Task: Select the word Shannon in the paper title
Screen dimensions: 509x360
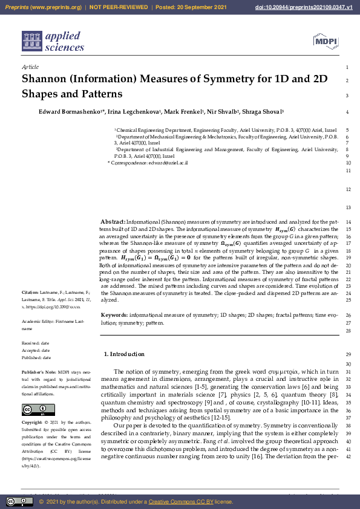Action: pyautogui.click(x=45, y=79)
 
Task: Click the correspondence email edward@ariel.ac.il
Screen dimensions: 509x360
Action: pyautogui.click(x=169, y=163)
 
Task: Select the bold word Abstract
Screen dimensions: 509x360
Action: pyautogui.click(x=113, y=222)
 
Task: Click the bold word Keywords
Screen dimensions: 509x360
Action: pyautogui.click(x=114, y=316)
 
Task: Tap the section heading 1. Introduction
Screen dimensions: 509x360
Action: pyautogui.click(x=124, y=354)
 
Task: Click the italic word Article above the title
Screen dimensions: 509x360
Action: pyautogui.click(x=30, y=67)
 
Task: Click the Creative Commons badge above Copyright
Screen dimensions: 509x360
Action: pyautogui.click(x=38, y=409)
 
